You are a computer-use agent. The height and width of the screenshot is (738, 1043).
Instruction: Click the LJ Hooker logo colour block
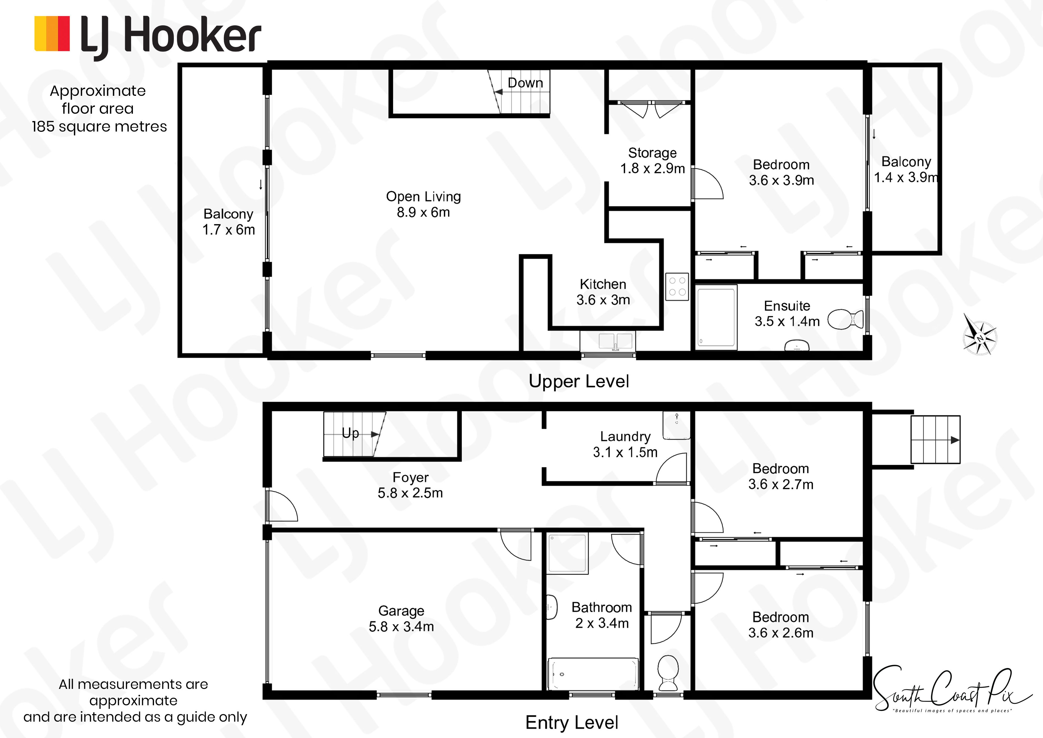pyautogui.click(x=52, y=33)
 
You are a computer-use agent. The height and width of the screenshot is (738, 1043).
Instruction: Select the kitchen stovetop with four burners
pyautogui.click(x=677, y=287)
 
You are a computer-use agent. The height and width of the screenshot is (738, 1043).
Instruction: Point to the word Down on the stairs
pyautogui.click(x=525, y=83)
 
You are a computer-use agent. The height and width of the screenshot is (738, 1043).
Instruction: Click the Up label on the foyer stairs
pyautogui.click(x=350, y=433)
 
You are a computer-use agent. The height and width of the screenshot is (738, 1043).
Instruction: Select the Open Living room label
pyautogui.click(x=423, y=196)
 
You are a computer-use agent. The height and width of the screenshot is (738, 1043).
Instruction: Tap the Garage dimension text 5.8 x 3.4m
pyautogui.click(x=401, y=627)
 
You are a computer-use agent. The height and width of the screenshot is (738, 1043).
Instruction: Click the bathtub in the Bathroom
pyautogui.click(x=593, y=674)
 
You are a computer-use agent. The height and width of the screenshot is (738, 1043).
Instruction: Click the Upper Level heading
pyautogui.click(x=579, y=381)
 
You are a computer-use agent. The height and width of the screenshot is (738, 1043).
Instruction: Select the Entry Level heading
pyautogui.click(x=571, y=722)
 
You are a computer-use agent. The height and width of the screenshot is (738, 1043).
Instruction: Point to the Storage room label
pyautogui.click(x=652, y=153)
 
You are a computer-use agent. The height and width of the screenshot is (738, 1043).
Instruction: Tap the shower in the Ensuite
pyautogui.click(x=716, y=317)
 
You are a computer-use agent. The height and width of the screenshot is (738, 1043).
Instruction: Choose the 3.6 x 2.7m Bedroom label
pyautogui.click(x=780, y=476)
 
